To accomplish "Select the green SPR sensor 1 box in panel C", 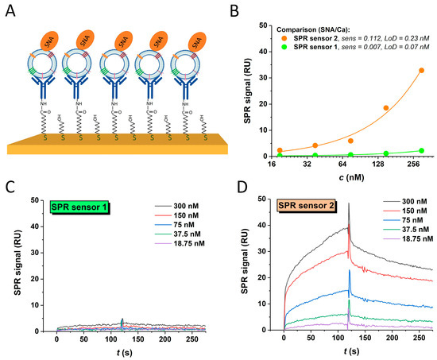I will coord(82,208).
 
